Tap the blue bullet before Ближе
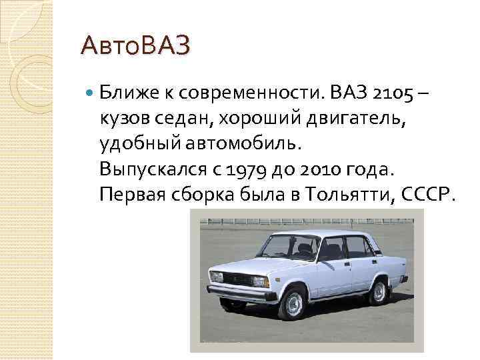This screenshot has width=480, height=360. click(x=90, y=91)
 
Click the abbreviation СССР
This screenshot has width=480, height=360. click(x=423, y=194)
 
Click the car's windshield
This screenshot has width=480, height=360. click(x=287, y=247)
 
